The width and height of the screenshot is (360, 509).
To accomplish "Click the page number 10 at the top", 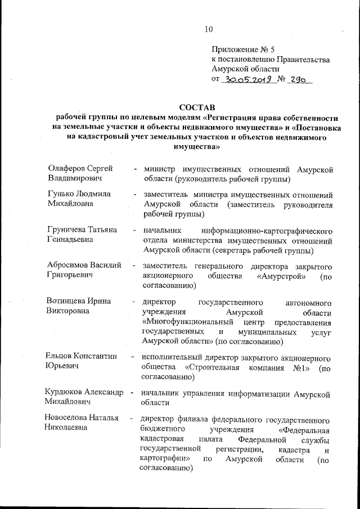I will pyautogui.click(x=209, y=29).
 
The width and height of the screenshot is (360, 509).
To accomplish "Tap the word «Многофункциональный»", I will pyautogui.click(x=183, y=323).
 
